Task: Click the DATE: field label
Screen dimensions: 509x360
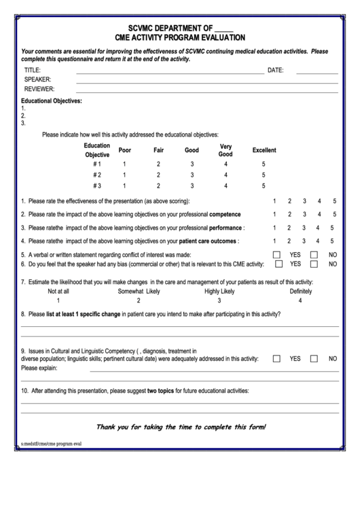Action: pyautogui.click(x=275, y=70)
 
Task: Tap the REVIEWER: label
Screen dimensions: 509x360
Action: pyautogui.click(x=39, y=88)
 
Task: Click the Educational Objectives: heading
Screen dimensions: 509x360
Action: pyautogui.click(x=51, y=101)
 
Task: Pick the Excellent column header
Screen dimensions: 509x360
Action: pyautogui.click(x=264, y=150)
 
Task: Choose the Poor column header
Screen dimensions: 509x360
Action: pyautogui.click(x=124, y=150)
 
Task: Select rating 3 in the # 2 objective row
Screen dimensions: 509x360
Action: pyautogui.click(x=192, y=175)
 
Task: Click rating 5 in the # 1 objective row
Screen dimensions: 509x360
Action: pyautogui.click(x=263, y=164)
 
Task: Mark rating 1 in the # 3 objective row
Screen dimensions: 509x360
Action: pyautogui.click(x=124, y=186)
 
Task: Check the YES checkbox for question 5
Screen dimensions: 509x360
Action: pyautogui.click(x=276, y=255)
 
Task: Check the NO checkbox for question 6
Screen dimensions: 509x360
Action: pyautogui.click(x=314, y=264)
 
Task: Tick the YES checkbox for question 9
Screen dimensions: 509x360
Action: pyautogui.click(x=276, y=358)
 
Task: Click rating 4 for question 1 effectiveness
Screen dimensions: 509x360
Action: pyautogui.click(x=319, y=201)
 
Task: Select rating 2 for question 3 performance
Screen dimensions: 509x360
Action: pyautogui.click(x=289, y=228)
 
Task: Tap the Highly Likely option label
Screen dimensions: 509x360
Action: pyautogui.click(x=219, y=291)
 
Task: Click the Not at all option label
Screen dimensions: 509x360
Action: pyautogui.click(x=58, y=291)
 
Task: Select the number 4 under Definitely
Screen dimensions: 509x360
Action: pyautogui.click(x=300, y=300)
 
